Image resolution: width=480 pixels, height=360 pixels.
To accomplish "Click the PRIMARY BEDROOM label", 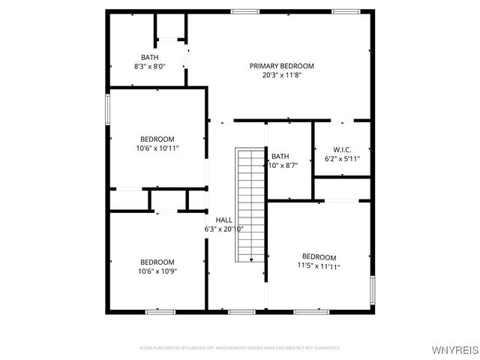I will [x=281, y=66].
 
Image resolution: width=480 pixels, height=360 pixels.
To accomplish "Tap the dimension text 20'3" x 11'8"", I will [x=281, y=75].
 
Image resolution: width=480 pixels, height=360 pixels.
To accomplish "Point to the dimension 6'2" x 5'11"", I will [x=342, y=159].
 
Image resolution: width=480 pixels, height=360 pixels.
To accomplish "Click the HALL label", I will [x=223, y=220].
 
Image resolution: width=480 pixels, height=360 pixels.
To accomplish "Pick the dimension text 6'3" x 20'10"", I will [x=223, y=229].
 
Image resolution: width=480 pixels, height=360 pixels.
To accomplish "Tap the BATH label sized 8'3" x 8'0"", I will [x=149, y=58].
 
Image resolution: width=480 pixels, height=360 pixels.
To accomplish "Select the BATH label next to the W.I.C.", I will [x=280, y=157].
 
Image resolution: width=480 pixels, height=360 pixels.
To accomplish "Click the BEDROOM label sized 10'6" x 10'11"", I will [x=157, y=139].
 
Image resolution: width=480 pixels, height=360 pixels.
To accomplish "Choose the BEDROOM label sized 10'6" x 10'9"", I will [x=157, y=262].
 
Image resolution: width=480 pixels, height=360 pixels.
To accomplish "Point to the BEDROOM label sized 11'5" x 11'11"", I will [x=319, y=257].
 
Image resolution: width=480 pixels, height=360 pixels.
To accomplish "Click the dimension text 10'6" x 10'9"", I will [x=157, y=271].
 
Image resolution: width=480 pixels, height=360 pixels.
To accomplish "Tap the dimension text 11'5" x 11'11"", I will [x=319, y=266].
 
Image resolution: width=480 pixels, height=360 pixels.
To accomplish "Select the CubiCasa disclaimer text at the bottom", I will [x=240, y=348].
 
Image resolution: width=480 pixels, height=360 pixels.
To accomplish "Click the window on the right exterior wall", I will [x=372, y=289].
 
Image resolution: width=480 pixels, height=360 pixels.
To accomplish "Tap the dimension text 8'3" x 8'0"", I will [x=149, y=67].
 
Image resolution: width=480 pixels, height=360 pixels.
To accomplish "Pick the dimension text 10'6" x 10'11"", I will [x=157, y=148].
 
